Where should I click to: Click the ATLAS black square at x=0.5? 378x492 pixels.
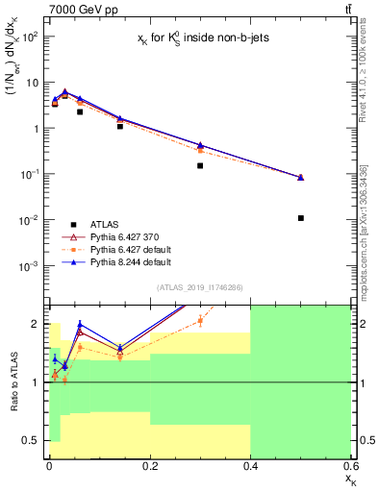[x=301, y=218]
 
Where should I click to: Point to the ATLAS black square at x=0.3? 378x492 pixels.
[x=200, y=165]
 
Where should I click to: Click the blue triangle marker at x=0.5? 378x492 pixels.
[x=301, y=177]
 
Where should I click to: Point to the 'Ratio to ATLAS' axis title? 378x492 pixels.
[x=13, y=382]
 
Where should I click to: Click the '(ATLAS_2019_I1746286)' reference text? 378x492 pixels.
[x=199, y=287]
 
